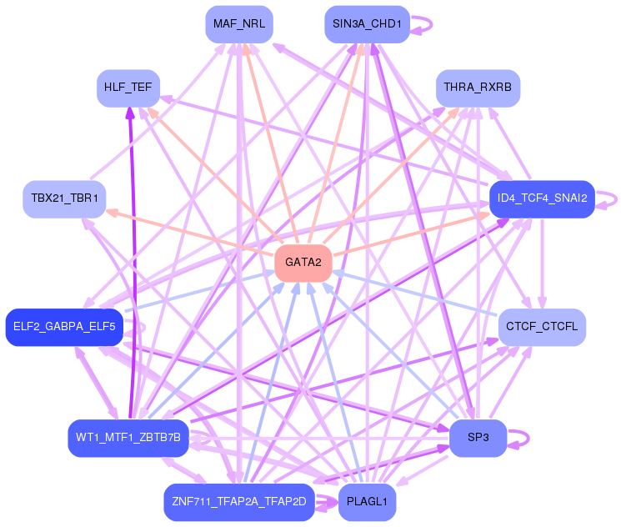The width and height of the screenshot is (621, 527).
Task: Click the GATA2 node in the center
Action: pos(303,263)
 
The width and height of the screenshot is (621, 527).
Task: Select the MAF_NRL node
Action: pos(239,24)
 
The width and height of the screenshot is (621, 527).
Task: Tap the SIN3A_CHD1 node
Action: pos(366,24)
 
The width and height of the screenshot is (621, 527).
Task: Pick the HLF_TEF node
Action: pos(128,88)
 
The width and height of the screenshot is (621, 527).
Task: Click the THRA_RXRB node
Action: pos(478,88)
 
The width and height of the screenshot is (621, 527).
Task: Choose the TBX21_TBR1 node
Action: pos(64,198)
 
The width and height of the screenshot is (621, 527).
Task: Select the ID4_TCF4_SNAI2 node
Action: pos(542,198)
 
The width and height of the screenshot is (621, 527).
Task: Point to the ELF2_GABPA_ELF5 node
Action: pos(64,327)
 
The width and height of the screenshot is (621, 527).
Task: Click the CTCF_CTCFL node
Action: pos(542,327)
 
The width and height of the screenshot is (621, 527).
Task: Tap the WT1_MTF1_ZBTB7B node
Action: pos(128,438)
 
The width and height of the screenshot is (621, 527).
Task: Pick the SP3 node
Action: pos(478,438)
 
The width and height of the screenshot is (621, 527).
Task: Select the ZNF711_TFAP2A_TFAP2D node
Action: pos(239,502)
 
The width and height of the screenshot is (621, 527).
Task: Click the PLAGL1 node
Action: pos(367,502)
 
